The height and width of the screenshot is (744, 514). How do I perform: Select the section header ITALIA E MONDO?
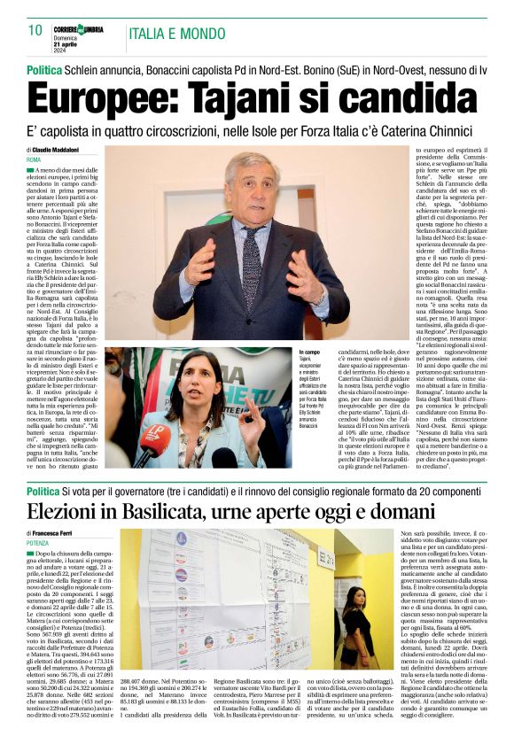click(x=177, y=34)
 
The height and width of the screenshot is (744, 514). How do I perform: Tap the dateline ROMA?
click(x=35, y=159)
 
